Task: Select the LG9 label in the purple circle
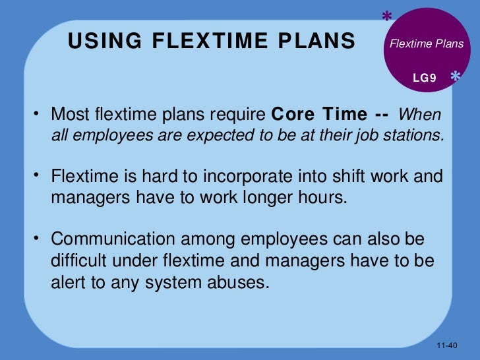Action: [x=425, y=78]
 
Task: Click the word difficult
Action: [x=80, y=260]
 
